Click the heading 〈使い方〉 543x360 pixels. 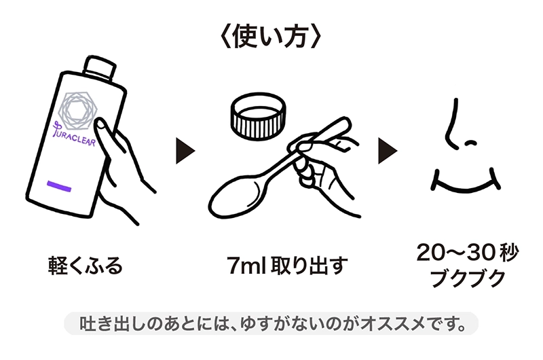coord(271,37)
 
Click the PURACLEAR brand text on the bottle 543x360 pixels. coord(74,134)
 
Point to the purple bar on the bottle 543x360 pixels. coord(59,185)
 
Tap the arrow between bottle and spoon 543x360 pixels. coord(185,151)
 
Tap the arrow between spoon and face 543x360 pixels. coord(388,151)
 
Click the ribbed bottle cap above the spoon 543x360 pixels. coord(259,116)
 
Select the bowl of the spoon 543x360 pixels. coord(236,199)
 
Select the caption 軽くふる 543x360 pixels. coord(86,266)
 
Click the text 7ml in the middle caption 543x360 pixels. coord(246,266)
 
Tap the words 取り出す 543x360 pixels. coord(309,266)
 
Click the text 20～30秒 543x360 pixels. coord(467,252)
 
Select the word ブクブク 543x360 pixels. coord(468,278)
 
